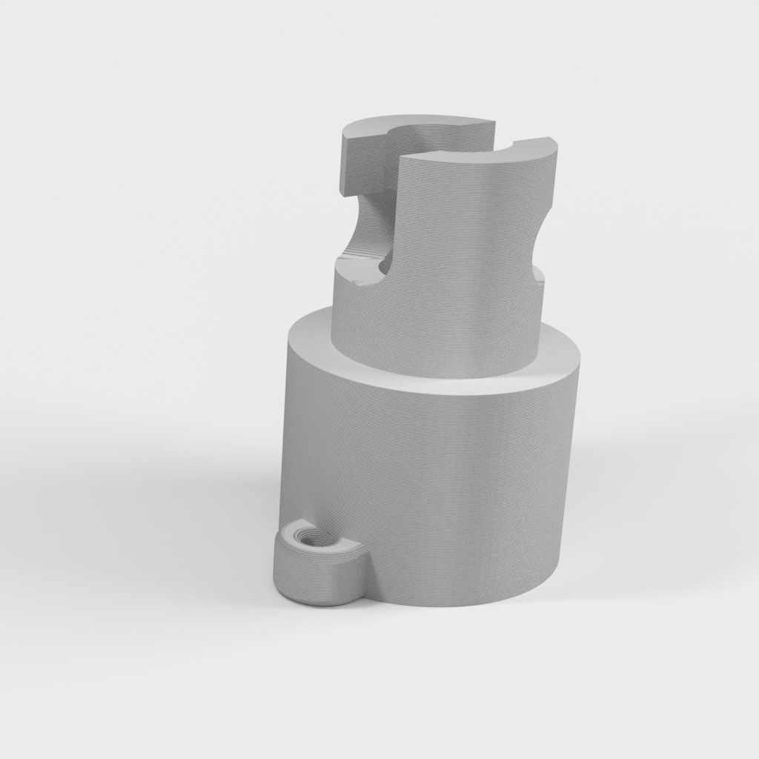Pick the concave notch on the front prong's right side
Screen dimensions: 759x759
(546, 222)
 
